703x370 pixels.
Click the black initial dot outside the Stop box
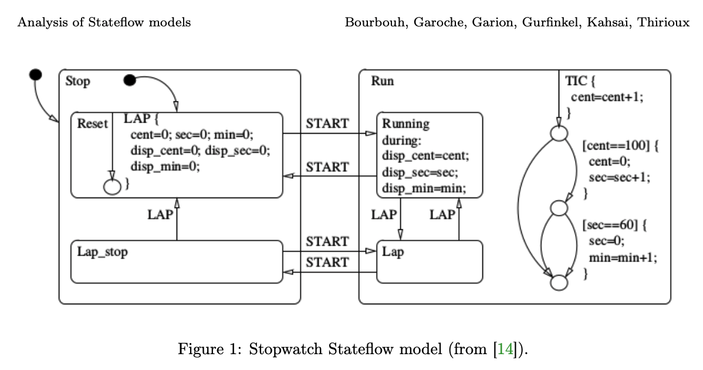35,74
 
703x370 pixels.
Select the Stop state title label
78,82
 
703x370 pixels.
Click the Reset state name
93,124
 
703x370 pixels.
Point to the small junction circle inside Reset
111,185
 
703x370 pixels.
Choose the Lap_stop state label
103,252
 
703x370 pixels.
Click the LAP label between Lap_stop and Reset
160,215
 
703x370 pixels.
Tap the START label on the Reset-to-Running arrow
327,124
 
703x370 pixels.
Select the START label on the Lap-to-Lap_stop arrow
327,263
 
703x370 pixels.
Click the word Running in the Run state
405,124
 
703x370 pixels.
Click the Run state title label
382,82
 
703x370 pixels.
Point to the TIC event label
575,82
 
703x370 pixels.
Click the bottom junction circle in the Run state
558,282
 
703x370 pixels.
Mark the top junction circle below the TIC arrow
558,134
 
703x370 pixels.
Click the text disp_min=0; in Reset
165,166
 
